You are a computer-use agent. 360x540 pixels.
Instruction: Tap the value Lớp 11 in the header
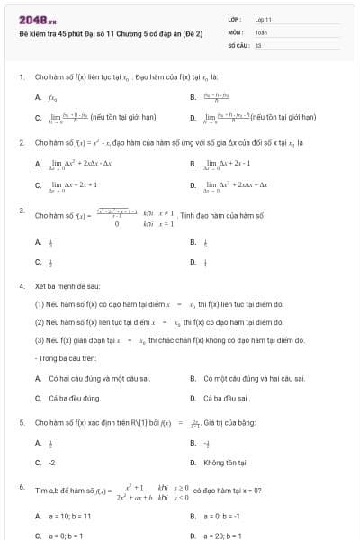point(264,19)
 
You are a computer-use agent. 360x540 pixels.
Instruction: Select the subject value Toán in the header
point(262,31)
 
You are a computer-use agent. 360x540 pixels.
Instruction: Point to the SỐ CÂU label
point(238,44)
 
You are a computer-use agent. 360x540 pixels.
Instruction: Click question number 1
point(21,78)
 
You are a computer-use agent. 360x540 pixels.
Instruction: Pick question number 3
point(21,210)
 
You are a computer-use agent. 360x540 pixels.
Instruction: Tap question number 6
point(21,486)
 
